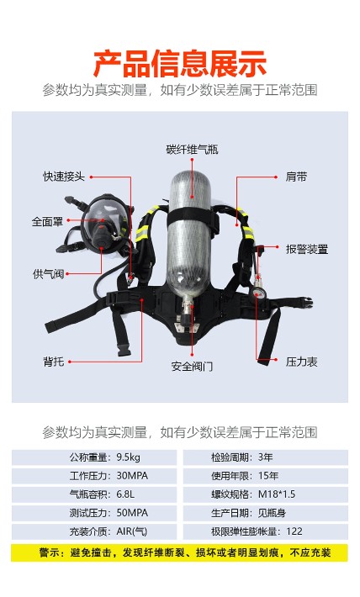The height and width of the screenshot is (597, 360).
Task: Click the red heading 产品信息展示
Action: (180, 64)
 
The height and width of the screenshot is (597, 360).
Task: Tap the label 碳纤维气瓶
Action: (192, 150)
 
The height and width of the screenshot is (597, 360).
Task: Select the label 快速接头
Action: (64, 177)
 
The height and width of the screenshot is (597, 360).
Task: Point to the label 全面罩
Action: (47, 222)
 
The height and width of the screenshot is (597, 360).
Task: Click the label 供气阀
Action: (48, 274)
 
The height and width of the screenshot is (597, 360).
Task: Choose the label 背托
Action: (53, 362)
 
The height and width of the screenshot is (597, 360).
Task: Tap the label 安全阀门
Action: (192, 367)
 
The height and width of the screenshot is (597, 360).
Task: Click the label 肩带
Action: (296, 177)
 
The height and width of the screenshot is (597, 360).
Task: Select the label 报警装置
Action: (307, 250)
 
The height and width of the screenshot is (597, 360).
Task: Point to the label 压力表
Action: (301, 362)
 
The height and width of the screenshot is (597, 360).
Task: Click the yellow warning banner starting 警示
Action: (180, 552)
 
